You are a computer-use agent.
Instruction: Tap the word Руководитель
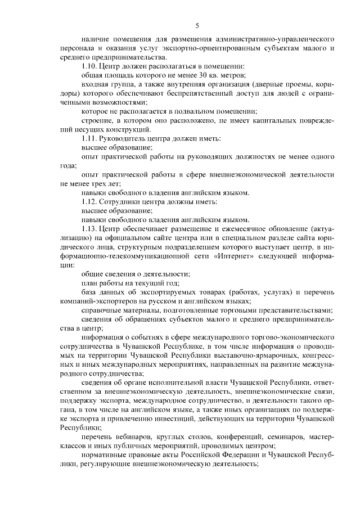[x=123, y=138]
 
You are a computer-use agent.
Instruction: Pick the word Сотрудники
[x=120, y=201]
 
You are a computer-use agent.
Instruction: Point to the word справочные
[x=102, y=309]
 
